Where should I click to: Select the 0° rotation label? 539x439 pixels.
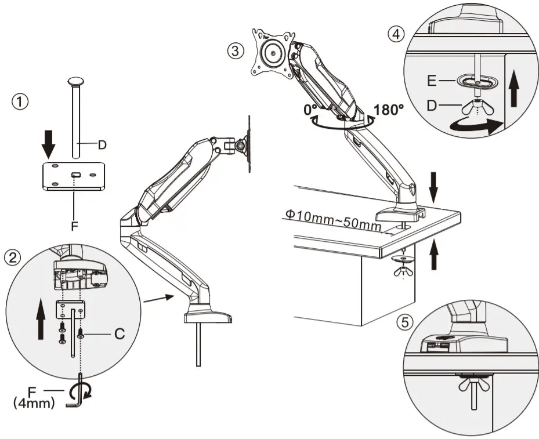tap(311, 109)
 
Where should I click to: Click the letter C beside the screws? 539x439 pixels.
tap(119, 333)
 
